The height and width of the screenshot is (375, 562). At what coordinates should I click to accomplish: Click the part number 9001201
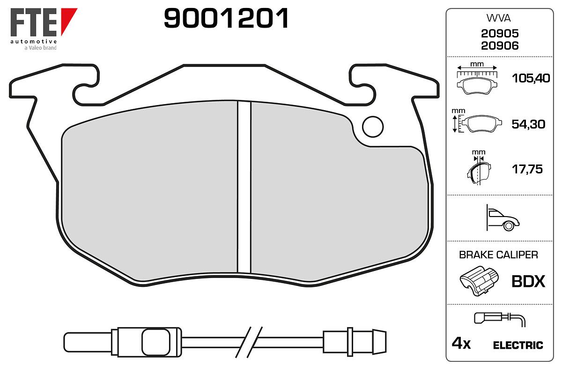tap(226, 18)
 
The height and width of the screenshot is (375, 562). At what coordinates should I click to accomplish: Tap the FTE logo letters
tap(34, 22)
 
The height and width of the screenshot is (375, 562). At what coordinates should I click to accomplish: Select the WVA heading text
tap(498, 18)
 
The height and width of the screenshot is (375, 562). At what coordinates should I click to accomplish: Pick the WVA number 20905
tap(500, 33)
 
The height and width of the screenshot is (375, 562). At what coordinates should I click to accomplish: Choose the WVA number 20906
tap(500, 46)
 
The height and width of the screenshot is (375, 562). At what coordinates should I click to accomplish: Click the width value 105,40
tap(531, 78)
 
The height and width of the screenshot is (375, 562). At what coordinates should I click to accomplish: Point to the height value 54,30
tap(528, 124)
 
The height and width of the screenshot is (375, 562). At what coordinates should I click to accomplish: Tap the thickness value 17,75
tap(527, 169)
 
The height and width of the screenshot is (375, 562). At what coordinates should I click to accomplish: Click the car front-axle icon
tap(503, 218)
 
